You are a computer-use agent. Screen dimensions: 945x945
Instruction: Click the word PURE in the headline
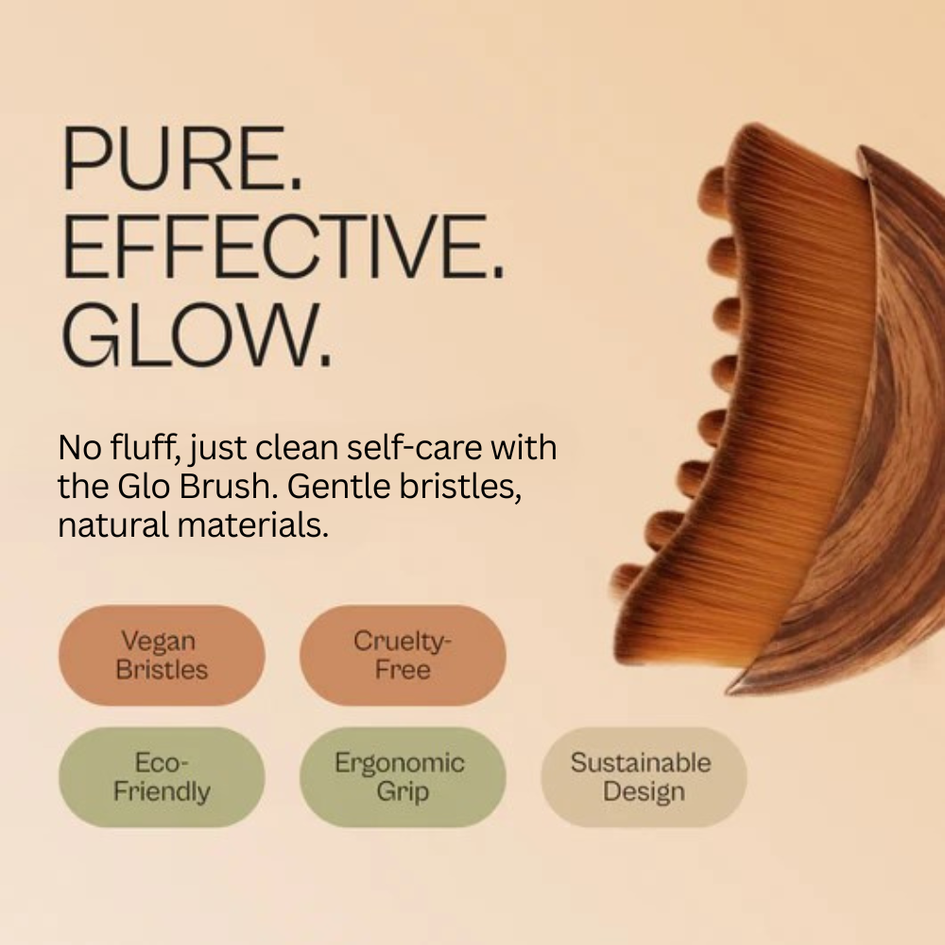[x=172, y=158]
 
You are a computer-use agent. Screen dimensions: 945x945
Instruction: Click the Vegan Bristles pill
[x=162, y=655]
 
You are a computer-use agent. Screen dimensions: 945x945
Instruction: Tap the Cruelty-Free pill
[x=403, y=655]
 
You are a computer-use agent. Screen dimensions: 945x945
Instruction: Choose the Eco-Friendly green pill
[x=162, y=777]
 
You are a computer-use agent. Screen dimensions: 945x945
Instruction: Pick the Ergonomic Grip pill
[x=403, y=777]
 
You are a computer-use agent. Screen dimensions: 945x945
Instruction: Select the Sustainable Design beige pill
[x=644, y=777]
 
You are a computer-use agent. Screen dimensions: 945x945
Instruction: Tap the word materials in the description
[x=252, y=524]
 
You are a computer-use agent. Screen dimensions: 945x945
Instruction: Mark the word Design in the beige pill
[x=644, y=792]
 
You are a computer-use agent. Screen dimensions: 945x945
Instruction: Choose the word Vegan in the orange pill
[x=158, y=642]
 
